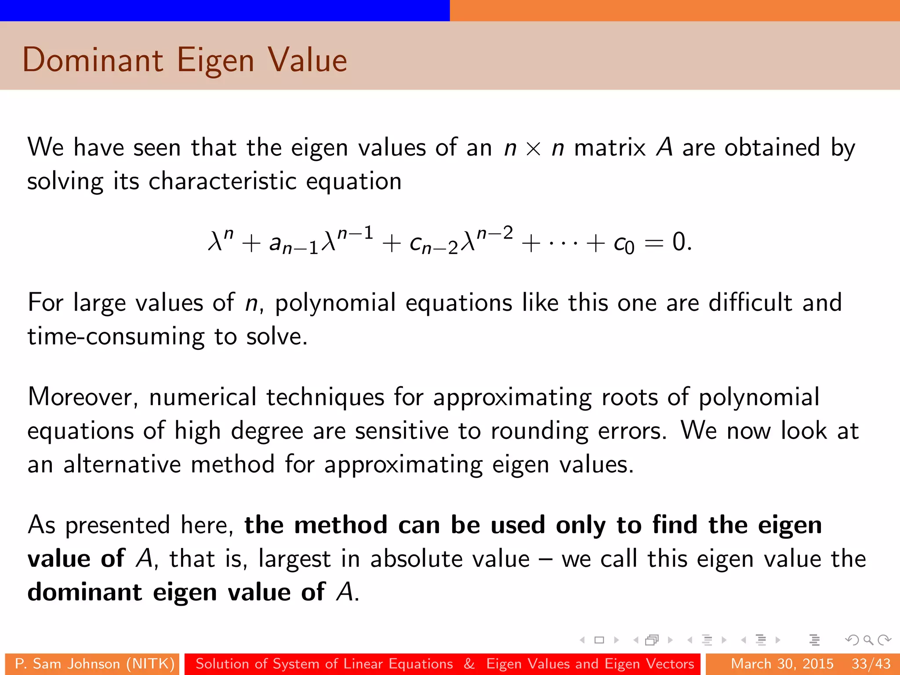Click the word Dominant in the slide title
[93, 60]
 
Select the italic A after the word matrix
[664, 147]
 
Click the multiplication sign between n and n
[533, 149]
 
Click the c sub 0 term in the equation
[624, 244]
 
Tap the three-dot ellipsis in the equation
[563, 243]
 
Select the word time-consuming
[116, 337]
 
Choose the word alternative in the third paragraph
[122, 465]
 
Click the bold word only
[581, 525]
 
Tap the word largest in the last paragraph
[294, 559]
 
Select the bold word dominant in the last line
[85, 592]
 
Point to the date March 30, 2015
[782, 664]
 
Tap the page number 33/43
[871, 664]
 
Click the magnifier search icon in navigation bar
[868, 640]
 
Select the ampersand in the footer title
[469, 664]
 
